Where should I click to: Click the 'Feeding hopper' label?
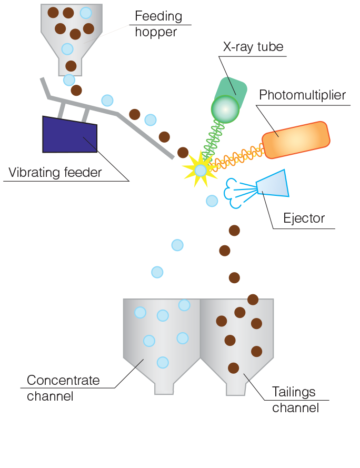[x=158, y=24]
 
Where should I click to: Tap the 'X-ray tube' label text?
[x=253, y=47]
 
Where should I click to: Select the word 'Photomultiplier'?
[x=302, y=95]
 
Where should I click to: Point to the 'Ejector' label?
[x=304, y=218]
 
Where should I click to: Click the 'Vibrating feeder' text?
[x=55, y=173]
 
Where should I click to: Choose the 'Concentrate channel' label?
[x=63, y=388]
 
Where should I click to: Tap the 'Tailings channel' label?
[x=295, y=400]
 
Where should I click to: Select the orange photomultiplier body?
[x=296, y=140]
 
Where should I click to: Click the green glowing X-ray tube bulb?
[x=225, y=109]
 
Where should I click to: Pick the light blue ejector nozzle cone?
[x=273, y=184]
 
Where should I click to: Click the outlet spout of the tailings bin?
[x=236, y=388]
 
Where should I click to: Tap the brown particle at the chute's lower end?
[x=183, y=153]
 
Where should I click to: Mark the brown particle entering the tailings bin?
[x=253, y=300]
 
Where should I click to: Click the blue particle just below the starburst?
[x=212, y=201]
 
